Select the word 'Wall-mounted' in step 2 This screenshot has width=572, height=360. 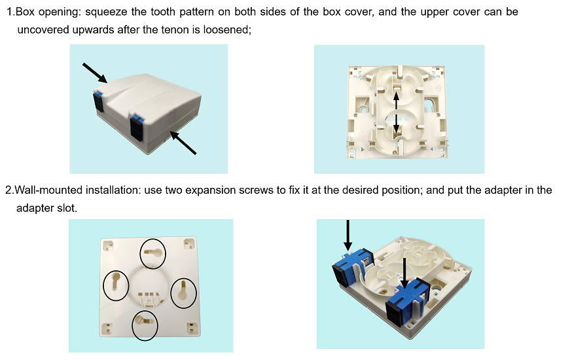click(48, 190)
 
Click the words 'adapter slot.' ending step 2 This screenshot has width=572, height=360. click(46, 208)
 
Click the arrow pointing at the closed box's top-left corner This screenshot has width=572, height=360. click(94, 73)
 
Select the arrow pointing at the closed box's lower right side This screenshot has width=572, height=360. click(183, 143)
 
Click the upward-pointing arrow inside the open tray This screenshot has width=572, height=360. click(397, 99)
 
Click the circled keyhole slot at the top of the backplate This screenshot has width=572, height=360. click(153, 254)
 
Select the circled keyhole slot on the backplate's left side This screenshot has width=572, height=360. click(116, 285)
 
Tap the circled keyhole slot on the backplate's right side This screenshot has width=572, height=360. click(183, 293)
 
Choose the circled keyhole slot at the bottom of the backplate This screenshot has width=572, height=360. click(145, 326)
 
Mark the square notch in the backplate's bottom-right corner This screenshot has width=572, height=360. click(192, 329)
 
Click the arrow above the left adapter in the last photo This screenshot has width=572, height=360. click(348, 235)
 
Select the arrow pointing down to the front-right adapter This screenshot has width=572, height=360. click(404, 274)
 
